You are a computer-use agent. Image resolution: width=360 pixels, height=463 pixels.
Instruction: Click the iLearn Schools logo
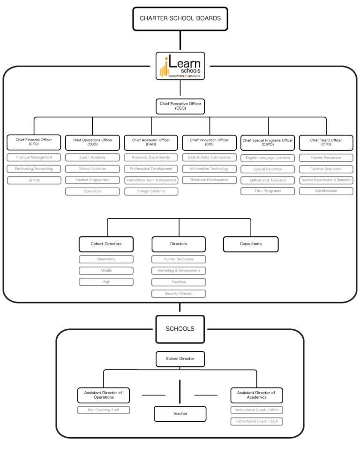180,66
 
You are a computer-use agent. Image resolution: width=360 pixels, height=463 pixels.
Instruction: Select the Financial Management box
34,158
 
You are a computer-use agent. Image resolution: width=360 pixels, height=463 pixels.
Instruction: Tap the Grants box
34,180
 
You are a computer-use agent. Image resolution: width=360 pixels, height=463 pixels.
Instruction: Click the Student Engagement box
92,180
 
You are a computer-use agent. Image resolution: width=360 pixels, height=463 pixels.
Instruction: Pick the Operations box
92,191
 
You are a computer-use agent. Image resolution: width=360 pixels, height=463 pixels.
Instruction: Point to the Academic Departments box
151,158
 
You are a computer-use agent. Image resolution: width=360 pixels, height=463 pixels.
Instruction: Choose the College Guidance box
151,191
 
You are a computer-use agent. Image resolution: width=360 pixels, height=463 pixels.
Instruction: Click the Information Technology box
209,169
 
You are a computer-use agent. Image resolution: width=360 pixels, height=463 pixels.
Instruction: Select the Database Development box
209,180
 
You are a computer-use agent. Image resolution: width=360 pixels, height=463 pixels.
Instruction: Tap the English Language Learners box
268,158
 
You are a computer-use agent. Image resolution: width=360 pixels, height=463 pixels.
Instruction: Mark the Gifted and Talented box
268,180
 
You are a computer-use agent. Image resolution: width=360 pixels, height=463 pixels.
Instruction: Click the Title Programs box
268,191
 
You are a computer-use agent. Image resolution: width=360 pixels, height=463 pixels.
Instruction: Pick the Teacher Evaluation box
326,169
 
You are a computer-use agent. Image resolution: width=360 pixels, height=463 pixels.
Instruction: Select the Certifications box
326,191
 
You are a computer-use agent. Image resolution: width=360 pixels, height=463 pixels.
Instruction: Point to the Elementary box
106,259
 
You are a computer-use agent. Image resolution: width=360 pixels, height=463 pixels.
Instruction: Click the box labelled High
106,282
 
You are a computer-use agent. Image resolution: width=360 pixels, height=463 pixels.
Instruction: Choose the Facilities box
179,282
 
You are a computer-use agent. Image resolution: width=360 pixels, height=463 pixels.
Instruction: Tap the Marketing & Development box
179,271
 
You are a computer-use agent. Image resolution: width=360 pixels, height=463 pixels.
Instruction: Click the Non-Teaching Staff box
104,410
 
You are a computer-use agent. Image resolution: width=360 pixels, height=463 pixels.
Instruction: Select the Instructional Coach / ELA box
256,422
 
